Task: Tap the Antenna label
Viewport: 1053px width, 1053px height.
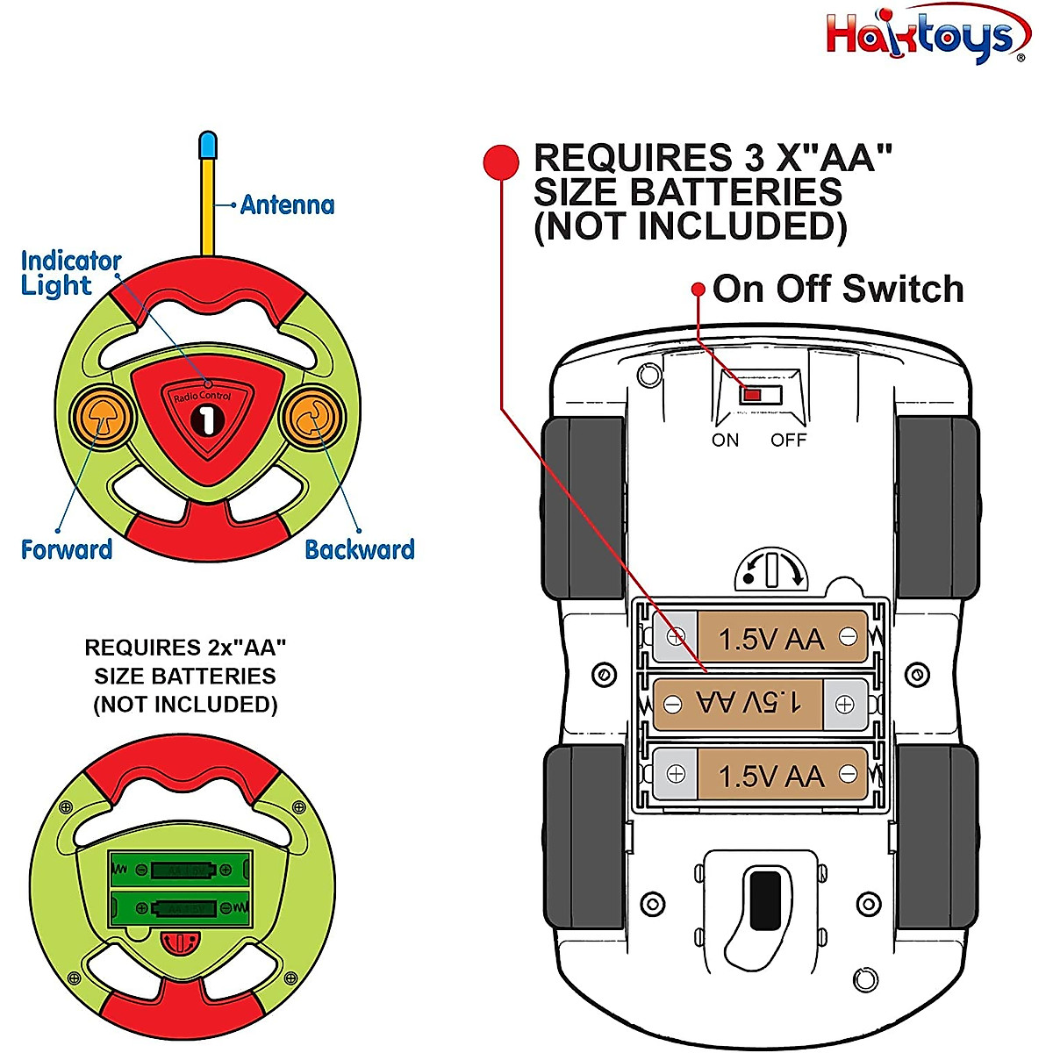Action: click(287, 205)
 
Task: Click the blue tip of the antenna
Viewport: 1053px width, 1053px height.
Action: click(208, 145)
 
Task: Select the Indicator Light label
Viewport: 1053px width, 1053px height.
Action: click(69, 273)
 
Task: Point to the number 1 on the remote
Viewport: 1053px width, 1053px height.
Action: click(207, 420)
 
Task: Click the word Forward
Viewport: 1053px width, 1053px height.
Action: click(67, 550)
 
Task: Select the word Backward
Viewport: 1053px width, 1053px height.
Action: click(359, 550)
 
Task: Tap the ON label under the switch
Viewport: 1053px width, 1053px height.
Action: click(726, 441)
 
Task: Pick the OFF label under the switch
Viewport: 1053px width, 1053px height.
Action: click(788, 441)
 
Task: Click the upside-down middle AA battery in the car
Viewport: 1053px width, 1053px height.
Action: click(760, 703)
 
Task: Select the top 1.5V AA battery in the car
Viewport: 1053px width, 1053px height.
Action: click(760, 637)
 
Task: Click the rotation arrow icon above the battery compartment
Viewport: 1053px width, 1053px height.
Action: click(771, 569)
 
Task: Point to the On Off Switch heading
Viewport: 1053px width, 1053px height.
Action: click(838, 289)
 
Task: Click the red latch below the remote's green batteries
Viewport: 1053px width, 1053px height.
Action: click(181, 943)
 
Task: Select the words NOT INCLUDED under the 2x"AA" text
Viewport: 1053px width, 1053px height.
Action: click(185, 705)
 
